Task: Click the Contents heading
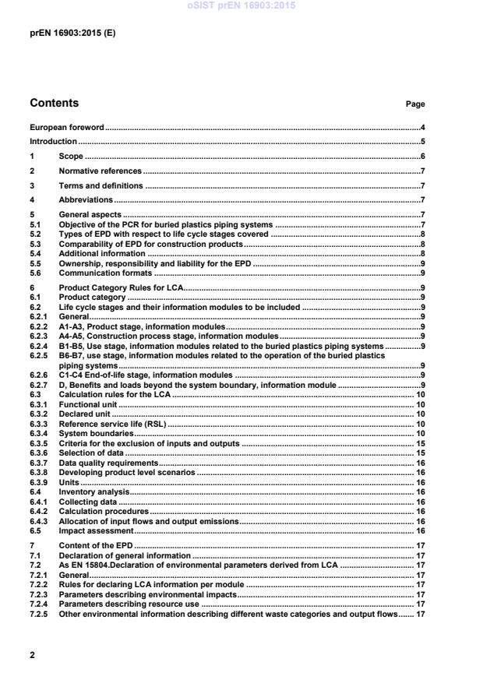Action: coord(54,103)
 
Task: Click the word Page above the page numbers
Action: coord(415,104)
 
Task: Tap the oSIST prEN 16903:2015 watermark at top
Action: coord(241,6)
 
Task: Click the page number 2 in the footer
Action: coord(32,655)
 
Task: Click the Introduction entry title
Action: coord(53,142)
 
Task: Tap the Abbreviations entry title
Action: coord(86,200)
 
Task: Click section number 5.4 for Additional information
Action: coord(35,253)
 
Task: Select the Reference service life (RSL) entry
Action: coord(114,424)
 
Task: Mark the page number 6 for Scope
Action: coord(421,157)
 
